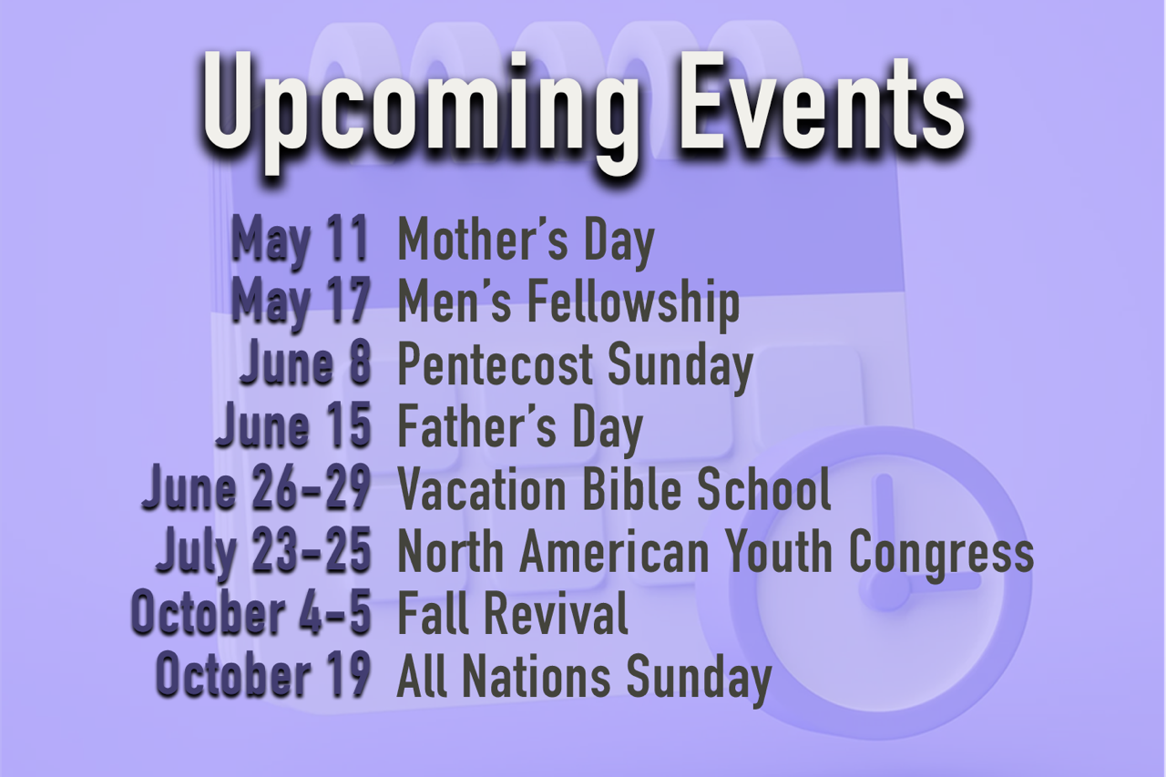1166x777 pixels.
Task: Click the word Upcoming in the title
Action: pos(421,111)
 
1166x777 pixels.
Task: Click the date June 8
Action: pos(306,363)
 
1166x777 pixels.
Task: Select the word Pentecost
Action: pos(496,363)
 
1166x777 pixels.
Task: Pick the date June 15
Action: pos(293,425)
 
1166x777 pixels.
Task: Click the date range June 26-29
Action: pos(256,487)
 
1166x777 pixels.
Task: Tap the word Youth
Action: pos(782,549)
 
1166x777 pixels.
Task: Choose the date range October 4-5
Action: pos(251,611)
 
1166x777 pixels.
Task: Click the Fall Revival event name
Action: pos(513,611)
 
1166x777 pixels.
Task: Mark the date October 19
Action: pos(263,673)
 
